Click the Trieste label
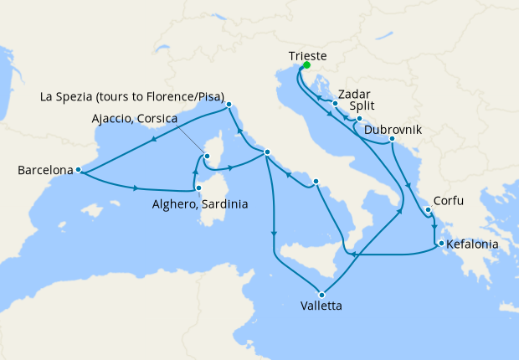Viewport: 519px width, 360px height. tap(307, 55)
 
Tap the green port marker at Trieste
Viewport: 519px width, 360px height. tap(306, 66)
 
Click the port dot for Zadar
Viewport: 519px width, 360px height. tap(335, 104)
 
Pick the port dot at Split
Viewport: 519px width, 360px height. tap(359, 119)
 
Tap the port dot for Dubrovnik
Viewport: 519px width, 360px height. tap(392, 140)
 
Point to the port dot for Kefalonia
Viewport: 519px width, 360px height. tap(437, 244)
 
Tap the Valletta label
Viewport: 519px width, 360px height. tap(320, 306)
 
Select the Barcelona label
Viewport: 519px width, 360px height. tap(44, 172)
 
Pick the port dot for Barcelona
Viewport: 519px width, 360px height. tap(78, 170)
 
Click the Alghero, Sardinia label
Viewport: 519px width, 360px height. tap(200, 203)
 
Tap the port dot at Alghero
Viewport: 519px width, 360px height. tap(198, 189)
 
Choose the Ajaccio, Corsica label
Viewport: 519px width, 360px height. tap(135, 119)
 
